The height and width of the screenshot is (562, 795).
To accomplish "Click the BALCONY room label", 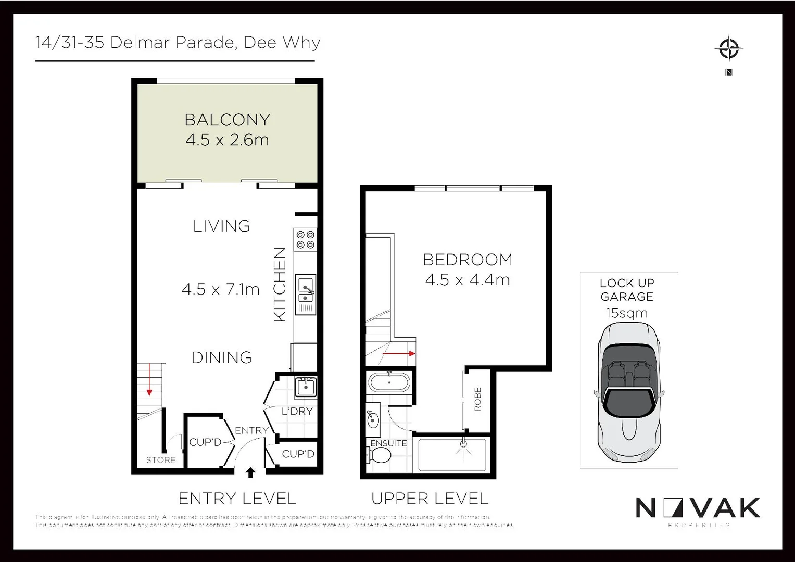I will [228, 120].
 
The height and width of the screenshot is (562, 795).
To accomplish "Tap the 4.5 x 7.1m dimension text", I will [221, 289].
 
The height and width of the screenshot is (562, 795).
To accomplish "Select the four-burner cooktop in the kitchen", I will [306, 239].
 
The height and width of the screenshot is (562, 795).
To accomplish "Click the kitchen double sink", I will [306, 289].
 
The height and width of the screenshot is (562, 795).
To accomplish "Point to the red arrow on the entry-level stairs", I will [149, 380].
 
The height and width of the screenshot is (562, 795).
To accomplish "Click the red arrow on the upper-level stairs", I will [399, 354].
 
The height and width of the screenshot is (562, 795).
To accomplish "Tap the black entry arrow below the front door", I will [250, 472].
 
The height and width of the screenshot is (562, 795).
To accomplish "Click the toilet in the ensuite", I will [379, 456].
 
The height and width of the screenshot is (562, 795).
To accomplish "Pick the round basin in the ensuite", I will [373, 419].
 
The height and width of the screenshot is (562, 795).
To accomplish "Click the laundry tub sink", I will [306, 387].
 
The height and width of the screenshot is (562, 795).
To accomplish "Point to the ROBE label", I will [478, 400].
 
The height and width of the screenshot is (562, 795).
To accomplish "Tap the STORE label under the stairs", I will [161, 460].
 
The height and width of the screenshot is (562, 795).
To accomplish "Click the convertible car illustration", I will [629, 393].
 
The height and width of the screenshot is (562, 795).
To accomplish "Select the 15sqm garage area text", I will [627, 313].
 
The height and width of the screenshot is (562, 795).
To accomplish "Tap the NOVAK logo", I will [698, 508].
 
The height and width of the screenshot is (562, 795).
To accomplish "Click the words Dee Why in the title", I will [282, 43].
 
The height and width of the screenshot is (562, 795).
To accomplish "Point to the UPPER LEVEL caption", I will [430, 499].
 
